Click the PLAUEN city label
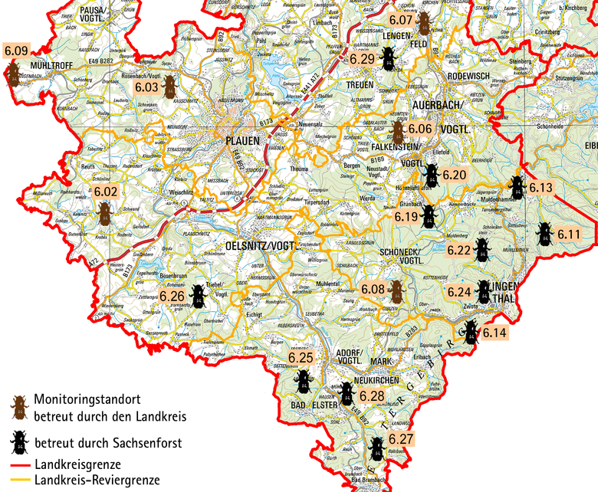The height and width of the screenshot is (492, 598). tap(243, 141)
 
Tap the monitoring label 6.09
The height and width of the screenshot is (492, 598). tap(16, 52)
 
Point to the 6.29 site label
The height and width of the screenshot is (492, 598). tap(362, 58)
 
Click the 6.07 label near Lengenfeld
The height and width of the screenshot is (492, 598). tap(402, 19)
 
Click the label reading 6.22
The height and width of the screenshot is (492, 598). tap(459, 250)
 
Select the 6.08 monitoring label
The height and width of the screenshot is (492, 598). tap(373, 289)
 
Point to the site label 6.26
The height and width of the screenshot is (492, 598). tap(173, 296)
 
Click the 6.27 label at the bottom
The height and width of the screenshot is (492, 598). tap(401, 439)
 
